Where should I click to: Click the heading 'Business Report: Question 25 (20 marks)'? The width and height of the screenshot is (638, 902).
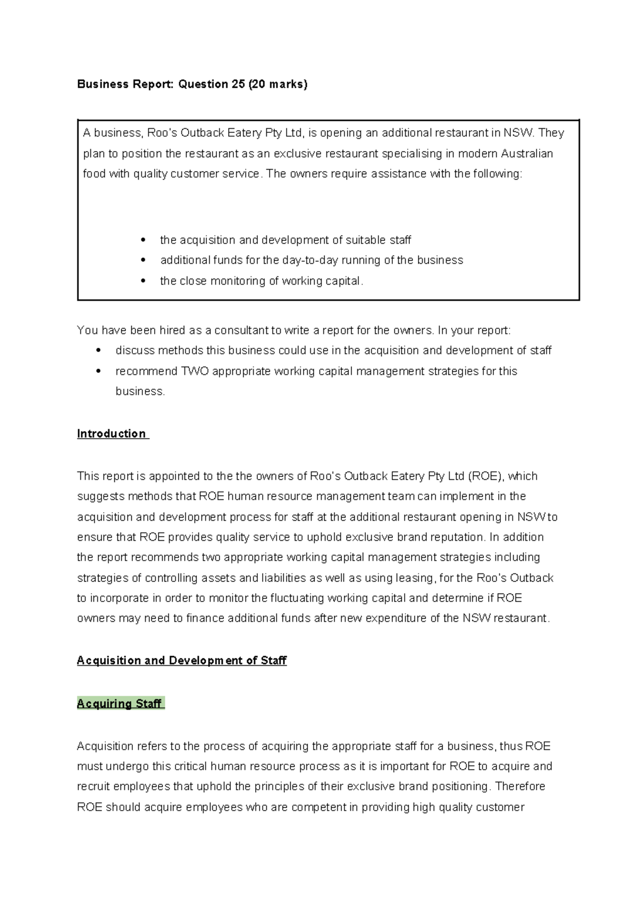[x=192, y=84]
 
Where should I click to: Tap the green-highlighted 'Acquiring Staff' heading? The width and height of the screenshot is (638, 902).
[x=120, y=704]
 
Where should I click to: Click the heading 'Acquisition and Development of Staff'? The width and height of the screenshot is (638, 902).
[x=181, y=661]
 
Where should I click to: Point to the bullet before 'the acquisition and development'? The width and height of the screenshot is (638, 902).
[x=142, y=240]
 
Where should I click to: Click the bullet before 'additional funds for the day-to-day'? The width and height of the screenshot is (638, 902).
[x=142, y=261]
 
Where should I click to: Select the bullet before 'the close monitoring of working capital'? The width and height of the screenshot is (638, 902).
[x=142, y=281]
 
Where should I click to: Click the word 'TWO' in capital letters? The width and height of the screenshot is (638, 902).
[x=195, y=371]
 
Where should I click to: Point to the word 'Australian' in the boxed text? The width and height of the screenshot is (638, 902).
[x=526, y=154]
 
